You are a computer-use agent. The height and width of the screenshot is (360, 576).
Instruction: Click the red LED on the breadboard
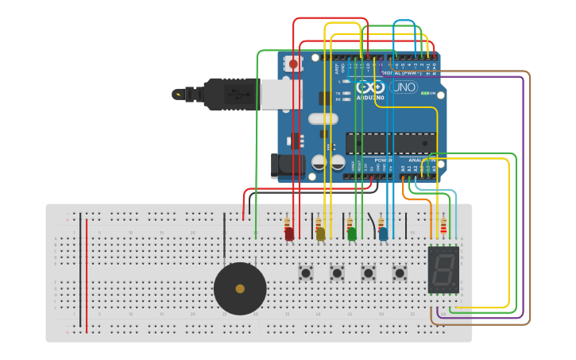[289, 234]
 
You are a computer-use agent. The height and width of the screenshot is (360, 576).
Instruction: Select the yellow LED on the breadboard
[320, 234]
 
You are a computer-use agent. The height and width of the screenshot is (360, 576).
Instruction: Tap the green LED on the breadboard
[352, 234]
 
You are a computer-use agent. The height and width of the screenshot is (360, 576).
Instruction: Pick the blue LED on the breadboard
[384, 234]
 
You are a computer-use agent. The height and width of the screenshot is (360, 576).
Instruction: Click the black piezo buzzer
[240, 288]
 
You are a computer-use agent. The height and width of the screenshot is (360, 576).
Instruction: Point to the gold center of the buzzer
[240, 288]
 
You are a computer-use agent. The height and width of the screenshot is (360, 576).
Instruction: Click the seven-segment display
[443, 269]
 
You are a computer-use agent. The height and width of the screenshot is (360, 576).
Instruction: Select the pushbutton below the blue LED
[400, 273]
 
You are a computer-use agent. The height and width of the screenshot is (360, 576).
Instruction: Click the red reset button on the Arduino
[293, 64]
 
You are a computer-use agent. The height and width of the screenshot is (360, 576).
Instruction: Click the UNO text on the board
[403, 87]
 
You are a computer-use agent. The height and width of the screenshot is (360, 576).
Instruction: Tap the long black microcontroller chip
[389, 143]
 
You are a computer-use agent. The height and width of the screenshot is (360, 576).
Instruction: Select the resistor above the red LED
[288, 222]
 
